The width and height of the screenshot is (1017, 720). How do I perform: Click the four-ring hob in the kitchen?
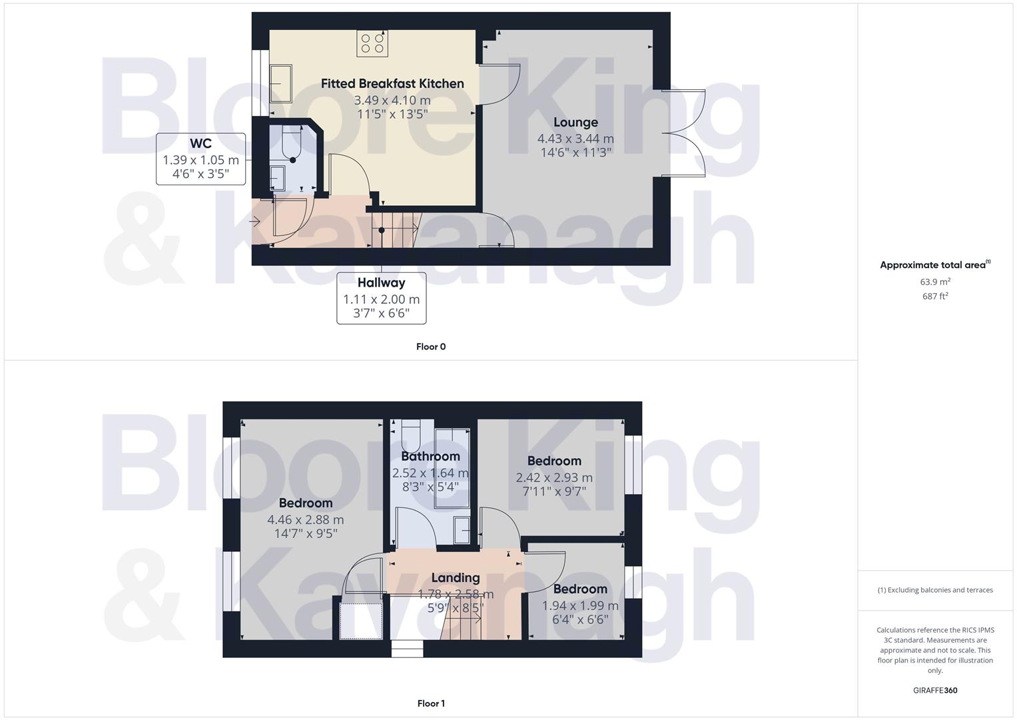click(372, 43)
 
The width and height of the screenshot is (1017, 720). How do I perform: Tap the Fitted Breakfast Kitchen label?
click(392, 83)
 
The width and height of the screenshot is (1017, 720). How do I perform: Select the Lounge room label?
click(575, 122)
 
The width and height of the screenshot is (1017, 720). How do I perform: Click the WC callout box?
click(200, 159)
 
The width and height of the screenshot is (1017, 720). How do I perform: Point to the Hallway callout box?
click(381, 298)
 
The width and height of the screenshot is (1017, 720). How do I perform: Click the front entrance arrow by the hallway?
click(254, 221)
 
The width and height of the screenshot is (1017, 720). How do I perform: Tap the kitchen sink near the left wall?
click(281, 83)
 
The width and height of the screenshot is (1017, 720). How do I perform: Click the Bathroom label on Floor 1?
click(430, 457)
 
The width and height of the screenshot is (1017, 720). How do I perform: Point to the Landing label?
click(455, 578)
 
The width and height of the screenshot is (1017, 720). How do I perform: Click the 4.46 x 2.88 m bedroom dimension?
click(306, 520)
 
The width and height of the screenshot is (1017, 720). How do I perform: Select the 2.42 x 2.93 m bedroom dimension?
click(554, 478)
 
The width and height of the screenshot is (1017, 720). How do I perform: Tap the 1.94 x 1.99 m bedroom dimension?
click(580, 606)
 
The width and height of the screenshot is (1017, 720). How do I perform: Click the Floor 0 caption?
click(431, 347)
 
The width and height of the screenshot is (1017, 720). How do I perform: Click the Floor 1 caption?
click(431, 703)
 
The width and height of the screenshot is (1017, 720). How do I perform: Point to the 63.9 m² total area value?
click(935, 282)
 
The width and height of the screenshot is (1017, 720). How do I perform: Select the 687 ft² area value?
click(935, 297)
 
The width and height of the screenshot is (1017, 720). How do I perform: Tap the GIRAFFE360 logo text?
click(935, 691)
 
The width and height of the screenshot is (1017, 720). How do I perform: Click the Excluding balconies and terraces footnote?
click(935, 590)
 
